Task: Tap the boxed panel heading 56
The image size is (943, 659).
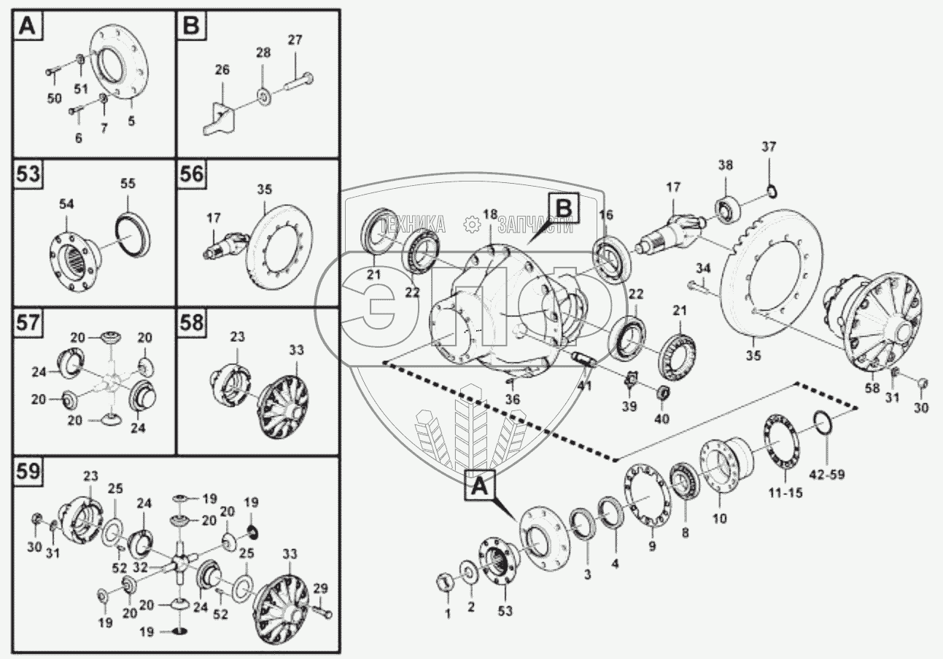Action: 192,176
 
